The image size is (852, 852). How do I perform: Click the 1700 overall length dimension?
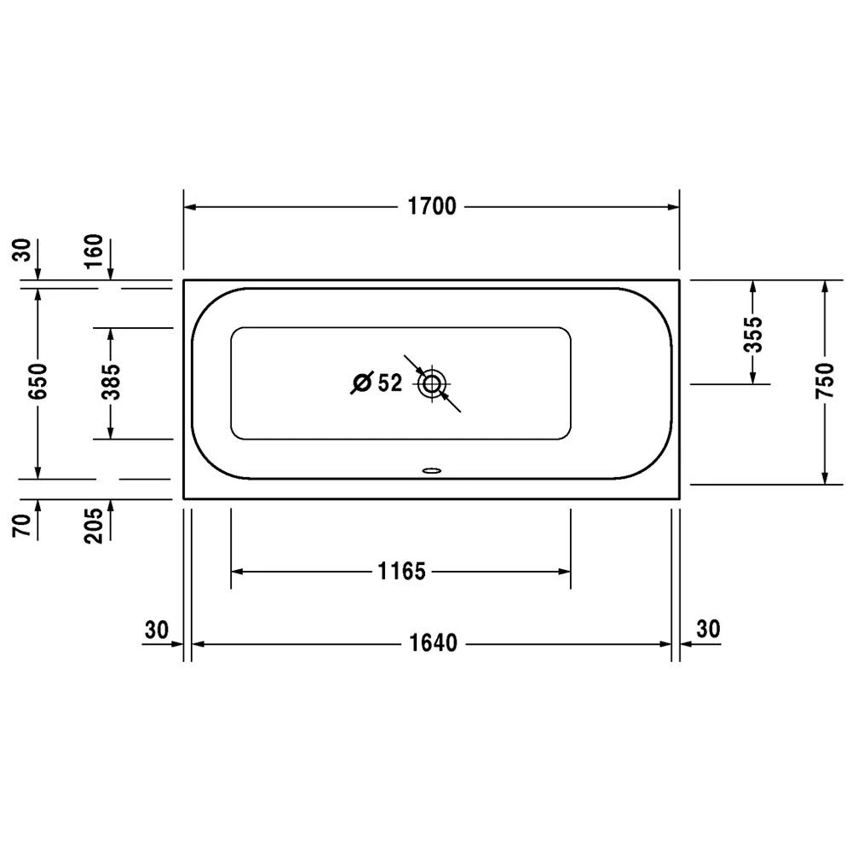click(x=432, y=207)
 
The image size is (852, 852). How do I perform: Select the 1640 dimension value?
click(x=432, y=643)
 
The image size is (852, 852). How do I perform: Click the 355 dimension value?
click(x=752, y=334)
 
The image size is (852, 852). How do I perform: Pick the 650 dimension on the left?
click(x=37, y=383)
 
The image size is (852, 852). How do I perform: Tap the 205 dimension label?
click(x=94, y=524)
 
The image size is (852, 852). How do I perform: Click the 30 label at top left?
click(x=22, y=250)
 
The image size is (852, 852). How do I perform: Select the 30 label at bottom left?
click(x=155, y=630)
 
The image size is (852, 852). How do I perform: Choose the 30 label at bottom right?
click(x=708, y=630)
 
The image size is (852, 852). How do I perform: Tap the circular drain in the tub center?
click(x=432, y=384)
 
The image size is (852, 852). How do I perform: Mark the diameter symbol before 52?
click(x=360, y=383)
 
